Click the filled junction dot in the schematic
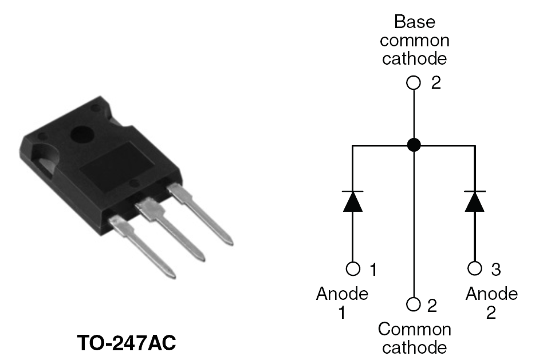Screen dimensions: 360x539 click(414, 145)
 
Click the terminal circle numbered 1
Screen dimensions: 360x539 click(353, 268)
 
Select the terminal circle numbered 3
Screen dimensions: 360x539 click(474, 268)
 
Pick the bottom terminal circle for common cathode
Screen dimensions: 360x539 click(414, 304)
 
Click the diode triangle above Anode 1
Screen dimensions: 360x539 click(353, 201)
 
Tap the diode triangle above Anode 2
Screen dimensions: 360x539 click(474, 201)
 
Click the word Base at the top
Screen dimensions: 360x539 click(414, 22)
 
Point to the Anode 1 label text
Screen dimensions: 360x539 click(342, 303)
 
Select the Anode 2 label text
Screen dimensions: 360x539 click(491, 303)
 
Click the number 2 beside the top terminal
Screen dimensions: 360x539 click(436, 84)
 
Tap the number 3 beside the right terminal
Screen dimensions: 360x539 click(496, 268)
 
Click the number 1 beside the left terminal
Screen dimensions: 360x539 click(373, 268)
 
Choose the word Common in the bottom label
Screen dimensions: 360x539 click(414, 330)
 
